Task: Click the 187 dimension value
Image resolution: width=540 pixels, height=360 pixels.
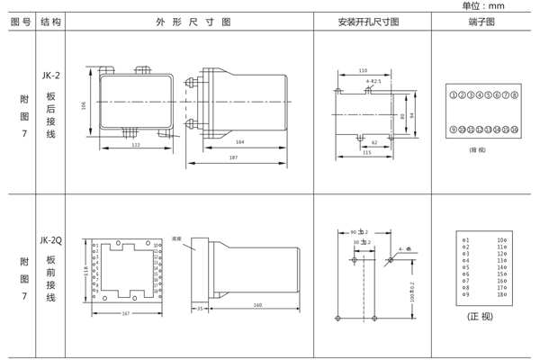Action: point(233,158)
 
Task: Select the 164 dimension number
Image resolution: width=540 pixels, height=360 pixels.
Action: point(240,142)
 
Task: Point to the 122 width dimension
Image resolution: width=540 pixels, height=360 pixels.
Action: point(134,145)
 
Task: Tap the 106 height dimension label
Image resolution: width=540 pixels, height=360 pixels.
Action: point(85,105)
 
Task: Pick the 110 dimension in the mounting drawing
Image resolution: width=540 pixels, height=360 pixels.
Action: point(362,70)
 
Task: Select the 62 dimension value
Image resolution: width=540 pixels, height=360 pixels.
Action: point(374,141)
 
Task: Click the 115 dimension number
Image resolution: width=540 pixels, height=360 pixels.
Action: point(366,152)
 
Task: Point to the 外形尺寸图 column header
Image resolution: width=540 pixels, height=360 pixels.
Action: point(193,21)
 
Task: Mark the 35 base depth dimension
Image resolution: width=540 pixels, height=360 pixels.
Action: point(198,308)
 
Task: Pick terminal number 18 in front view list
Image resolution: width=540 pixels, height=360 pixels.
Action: point(502,295)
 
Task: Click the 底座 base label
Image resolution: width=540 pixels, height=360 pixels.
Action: point(177,239)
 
